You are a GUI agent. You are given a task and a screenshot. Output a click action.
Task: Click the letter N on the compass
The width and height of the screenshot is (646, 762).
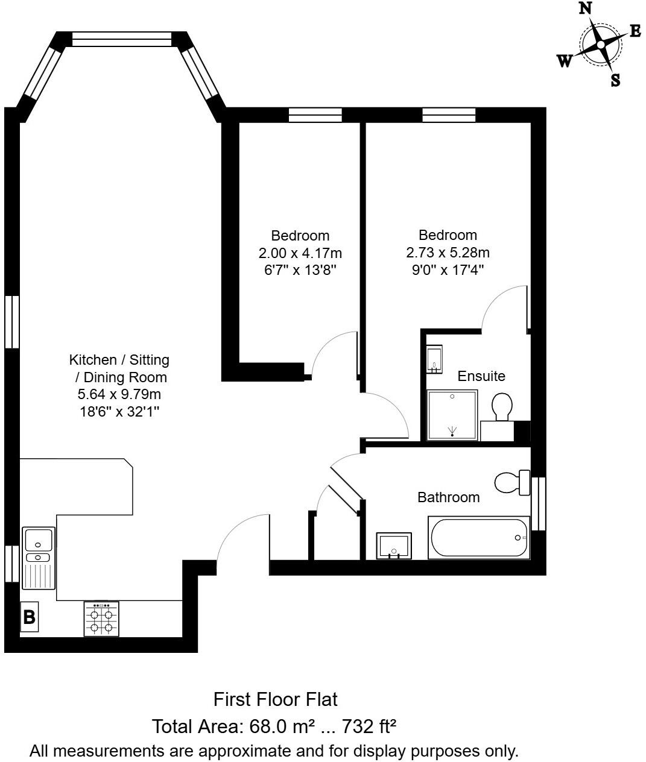(584, 8)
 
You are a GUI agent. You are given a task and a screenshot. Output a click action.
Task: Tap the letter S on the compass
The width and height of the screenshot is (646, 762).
(615, 80)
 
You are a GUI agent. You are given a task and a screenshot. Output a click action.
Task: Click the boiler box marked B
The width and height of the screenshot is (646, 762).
(29, 617)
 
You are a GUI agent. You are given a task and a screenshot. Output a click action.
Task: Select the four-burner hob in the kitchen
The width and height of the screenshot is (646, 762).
(101, 619)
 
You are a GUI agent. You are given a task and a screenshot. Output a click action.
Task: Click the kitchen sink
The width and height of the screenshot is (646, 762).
(39, 558)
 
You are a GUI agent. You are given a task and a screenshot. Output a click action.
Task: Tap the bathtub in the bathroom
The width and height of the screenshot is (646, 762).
(479, 537)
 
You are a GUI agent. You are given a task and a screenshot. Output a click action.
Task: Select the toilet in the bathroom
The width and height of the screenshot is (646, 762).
(511, 482)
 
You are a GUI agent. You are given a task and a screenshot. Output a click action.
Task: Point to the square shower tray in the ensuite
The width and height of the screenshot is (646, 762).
(452, 415)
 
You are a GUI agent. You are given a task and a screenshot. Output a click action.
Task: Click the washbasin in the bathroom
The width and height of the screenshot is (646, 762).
(393, 546)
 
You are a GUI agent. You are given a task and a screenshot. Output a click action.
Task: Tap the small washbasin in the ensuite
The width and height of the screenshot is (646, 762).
(434, 359)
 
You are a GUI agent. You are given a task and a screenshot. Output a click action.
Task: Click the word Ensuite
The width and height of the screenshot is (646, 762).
(481, 376)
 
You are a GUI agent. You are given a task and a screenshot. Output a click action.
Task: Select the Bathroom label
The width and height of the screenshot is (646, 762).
(449, 497)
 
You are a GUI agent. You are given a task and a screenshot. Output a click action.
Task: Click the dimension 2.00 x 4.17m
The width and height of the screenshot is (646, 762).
(300, 253)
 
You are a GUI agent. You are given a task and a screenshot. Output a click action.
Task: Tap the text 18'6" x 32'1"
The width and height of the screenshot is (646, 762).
(119, 412)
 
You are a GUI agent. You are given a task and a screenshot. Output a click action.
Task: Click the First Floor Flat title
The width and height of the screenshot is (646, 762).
(275, 699)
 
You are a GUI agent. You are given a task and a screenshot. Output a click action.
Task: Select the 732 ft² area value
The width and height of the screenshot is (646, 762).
(369, 726)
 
